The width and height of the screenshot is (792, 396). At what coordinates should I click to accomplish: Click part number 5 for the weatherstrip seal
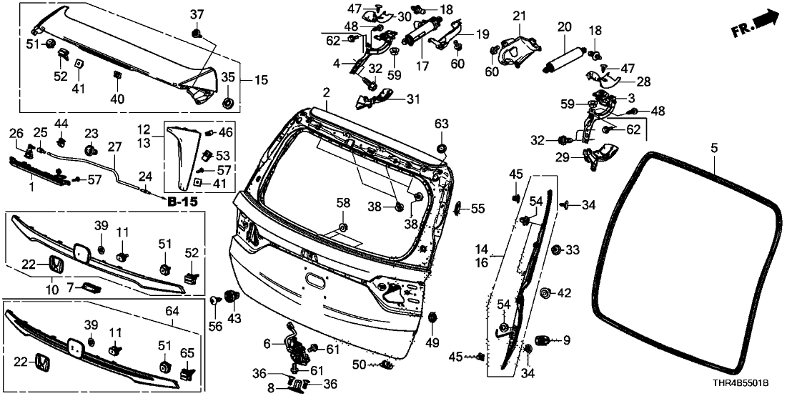point(713,149)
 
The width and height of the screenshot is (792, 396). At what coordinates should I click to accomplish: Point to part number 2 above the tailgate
point(326,93)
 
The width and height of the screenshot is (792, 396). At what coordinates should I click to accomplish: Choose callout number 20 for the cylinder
point(565,26)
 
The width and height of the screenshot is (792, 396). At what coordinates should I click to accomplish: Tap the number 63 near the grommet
point(441,124)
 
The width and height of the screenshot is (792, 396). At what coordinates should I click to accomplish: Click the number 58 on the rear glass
point(344,204)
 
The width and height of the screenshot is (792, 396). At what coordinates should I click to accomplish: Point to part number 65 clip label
point(187,352)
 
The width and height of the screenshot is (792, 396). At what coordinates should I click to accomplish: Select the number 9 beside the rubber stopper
point(566,340)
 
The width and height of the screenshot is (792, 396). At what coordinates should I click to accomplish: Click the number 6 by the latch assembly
point(268,344)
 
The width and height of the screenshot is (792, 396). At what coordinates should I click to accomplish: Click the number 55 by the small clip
point(477,209)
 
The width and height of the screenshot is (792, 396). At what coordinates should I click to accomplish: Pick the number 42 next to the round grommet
point(565,292)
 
